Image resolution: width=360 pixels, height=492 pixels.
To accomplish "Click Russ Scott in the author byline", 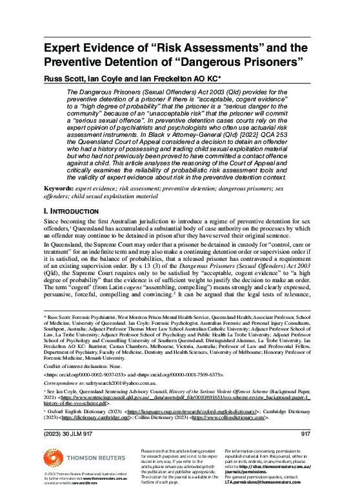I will pos(63,80).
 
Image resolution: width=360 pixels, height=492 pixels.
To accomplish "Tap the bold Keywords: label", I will pos(58,188).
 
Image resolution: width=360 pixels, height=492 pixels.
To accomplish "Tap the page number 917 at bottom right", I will pos(306,433).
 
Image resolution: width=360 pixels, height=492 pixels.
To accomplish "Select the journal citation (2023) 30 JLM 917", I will pos(68,433).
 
